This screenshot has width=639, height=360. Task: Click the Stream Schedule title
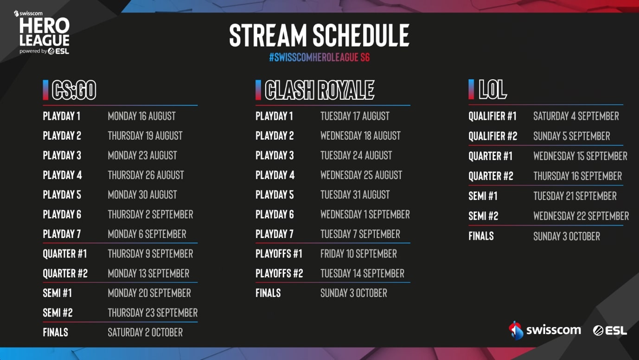pos(319,35)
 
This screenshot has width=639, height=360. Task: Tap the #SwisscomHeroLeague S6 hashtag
pos(319,58)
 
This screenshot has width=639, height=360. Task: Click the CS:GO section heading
pos(74,90)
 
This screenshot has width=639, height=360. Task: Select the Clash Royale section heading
pos(319,90)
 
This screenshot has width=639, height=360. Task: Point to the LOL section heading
pos(492,90)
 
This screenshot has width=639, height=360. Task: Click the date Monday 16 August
pos(142,116)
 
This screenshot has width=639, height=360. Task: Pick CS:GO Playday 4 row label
pos(62,175)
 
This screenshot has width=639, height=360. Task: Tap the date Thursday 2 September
pos(150,214)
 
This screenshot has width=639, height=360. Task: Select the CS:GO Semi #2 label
pos(58,313)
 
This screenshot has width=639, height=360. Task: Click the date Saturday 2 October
pos(145,332)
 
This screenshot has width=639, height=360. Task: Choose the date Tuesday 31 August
pos(355,195)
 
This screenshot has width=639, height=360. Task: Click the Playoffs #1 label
pos(279,254)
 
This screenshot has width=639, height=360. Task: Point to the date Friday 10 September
pos(358,254)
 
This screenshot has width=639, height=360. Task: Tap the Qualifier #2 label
pos(492,136)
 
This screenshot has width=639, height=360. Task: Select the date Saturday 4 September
pos(576,116)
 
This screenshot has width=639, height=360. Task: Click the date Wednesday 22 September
pos(581,216)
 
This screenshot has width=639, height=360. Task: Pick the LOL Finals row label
pos(481,236)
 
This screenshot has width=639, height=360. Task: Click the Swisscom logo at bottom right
pos(544,330)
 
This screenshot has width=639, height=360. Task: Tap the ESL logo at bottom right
pos(610,331)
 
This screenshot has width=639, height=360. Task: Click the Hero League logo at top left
pos(42,32)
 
